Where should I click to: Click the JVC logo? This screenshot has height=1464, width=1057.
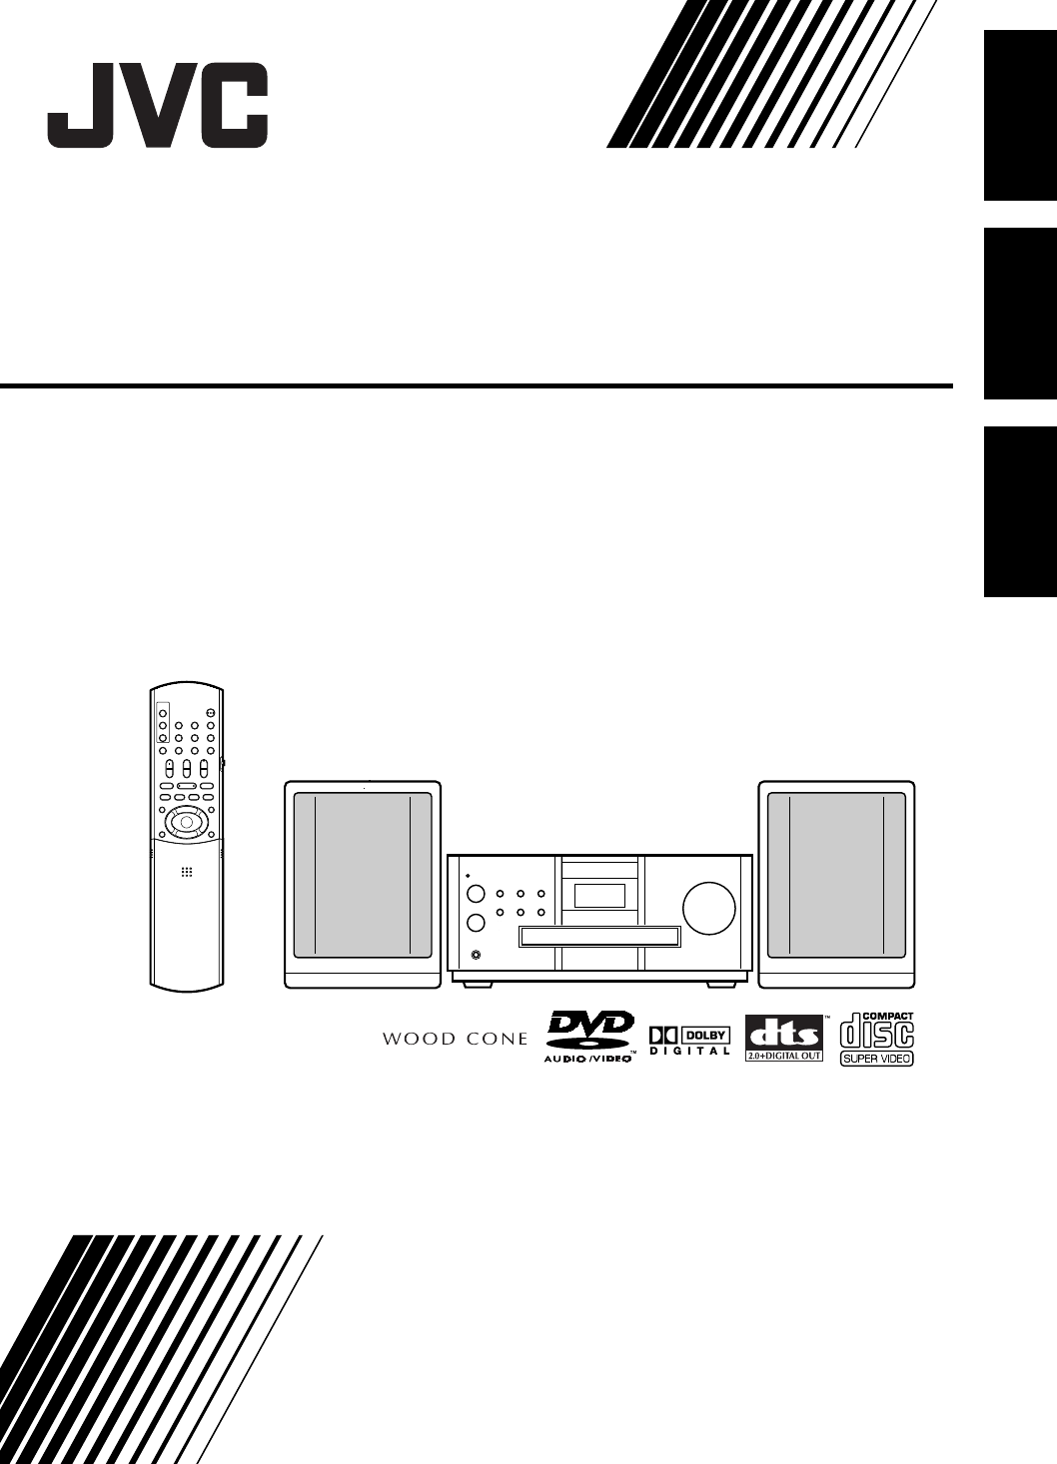[x=158, y=105]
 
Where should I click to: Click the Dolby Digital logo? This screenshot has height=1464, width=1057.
[x=689, y=1040]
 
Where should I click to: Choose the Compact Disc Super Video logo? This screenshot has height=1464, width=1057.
[x=877, y=1039]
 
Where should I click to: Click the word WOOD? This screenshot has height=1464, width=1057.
[x=419, y=1040]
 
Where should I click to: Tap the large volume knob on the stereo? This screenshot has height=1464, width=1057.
[x=708, y=908]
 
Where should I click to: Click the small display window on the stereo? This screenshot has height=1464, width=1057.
[x=599, y=895]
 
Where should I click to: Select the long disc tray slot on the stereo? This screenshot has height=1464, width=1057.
[x=599, y=937]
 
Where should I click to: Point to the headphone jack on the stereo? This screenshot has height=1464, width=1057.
[x=475, y=955]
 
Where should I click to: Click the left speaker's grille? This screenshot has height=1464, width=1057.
[x=363, y=876]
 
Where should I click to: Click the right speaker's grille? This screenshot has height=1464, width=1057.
[x=836, y=876]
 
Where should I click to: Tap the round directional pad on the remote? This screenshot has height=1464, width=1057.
[x=185, y=822]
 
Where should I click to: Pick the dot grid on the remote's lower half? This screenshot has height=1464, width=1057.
[x=186, y=872]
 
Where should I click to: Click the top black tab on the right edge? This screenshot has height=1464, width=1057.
[x=1020, y=115]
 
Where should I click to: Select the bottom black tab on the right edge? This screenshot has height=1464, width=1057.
[x=1020, y=511]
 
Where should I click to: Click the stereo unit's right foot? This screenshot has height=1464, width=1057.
[x=720, y=984]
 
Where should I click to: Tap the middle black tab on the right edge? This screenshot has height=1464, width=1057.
[x=1020, y=314]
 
